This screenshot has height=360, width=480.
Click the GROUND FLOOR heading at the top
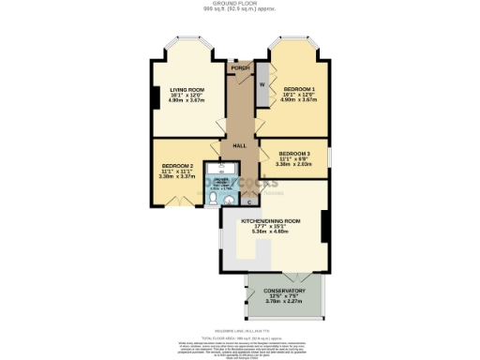pyautogui.click(x=240, y=5)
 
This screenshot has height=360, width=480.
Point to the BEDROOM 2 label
pyautogui.click(x=176, y=165)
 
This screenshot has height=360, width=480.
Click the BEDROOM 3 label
pyautogui.click(x=294, y=153)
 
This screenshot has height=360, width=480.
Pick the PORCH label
pyautogui.click(x=241, y=68)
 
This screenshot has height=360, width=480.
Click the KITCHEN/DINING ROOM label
pyautogui.click(x=270, y=220)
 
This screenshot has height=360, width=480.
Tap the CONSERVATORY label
pyautogui.click(x=285, y=291)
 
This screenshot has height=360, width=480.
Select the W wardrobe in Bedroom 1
pyautogui.click(x=262, y=85)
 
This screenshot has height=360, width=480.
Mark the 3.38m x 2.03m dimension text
pyautogui.click(x=294, y=164)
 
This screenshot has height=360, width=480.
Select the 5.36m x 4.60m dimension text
pyautogui.click(x=270, y=231)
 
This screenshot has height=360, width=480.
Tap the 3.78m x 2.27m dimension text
pyautogui.click(x=285, y=302)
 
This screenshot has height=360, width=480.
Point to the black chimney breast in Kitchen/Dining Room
pyautogui.click(x=323, y=228)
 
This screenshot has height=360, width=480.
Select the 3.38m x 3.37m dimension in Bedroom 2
pyautogui.click(x=176, y=176)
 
